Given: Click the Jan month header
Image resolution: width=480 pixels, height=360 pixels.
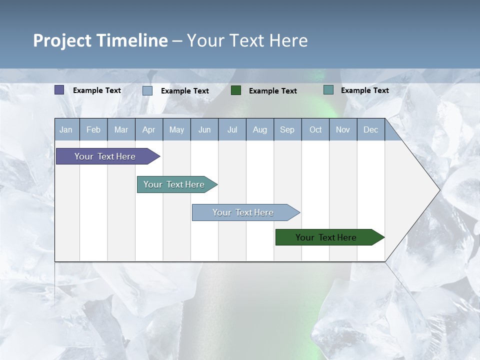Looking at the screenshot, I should point(66,129).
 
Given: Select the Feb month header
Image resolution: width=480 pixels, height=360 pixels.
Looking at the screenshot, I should point(93,129).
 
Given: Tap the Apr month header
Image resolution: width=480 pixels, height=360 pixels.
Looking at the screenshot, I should point(148,129).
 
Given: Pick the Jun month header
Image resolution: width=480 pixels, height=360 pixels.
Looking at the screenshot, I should point(204,129).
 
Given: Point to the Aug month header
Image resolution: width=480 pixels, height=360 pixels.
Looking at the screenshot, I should point(259,129).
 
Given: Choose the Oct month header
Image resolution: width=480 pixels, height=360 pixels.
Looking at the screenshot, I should point(315,129).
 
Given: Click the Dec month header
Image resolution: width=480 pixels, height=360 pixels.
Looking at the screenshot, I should point(370,129).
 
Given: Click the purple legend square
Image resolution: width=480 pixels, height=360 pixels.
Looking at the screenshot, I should point(59,90).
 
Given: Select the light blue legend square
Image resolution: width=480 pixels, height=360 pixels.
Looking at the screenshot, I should point(147,90).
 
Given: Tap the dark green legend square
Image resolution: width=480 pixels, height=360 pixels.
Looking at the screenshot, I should point(236,90).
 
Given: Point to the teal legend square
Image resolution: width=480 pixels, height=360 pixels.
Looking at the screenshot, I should point(328,90).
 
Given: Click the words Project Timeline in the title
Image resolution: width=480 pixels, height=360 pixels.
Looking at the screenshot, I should point(100,40).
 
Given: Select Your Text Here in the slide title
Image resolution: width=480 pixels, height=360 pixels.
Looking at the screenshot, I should point(247,40).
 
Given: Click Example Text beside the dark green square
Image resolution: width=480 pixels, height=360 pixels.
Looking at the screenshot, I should point(273,91).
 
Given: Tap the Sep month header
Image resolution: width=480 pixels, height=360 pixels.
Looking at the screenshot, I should point(287,129).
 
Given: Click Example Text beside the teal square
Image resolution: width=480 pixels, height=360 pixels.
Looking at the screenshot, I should point(365,90).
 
